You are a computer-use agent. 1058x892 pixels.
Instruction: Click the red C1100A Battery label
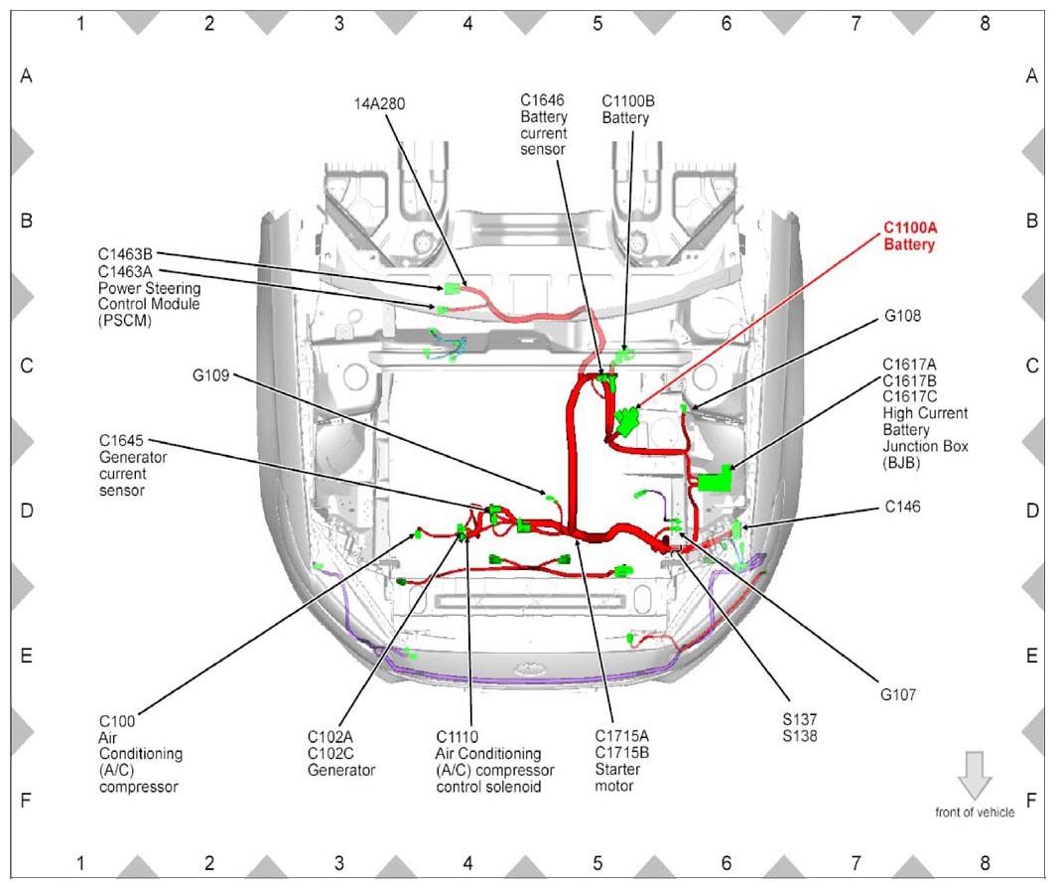909,236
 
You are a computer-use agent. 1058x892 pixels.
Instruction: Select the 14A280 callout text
379,104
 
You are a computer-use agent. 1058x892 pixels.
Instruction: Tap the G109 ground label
210,375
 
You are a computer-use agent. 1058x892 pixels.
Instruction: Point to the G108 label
902,316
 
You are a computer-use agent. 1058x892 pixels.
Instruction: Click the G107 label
898,695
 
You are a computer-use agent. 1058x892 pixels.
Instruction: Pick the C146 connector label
902,508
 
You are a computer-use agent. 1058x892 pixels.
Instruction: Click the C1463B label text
125,254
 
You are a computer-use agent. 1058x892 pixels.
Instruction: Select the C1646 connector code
542,100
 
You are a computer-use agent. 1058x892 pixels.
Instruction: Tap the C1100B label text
627,101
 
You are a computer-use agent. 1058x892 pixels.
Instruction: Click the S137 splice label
800,720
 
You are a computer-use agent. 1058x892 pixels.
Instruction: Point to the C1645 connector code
121,441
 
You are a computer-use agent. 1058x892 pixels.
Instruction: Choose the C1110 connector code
457,737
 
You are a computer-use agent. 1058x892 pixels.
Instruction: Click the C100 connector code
117,721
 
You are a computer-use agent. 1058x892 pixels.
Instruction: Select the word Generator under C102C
341,771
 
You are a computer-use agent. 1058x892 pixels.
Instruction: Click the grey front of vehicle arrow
975,775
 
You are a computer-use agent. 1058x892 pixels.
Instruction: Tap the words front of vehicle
975,813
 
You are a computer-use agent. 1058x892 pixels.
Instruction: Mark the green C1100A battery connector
627,421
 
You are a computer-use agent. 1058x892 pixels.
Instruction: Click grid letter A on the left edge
27,75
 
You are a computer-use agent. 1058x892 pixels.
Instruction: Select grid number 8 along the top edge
986,24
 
